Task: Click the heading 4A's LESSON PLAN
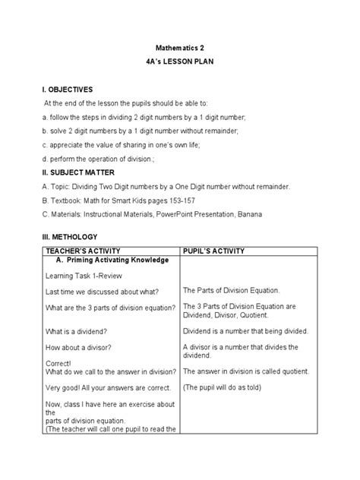pyautogui.click(x=180, y=63)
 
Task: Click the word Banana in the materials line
pyautogui.click(x=248, y=214)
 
